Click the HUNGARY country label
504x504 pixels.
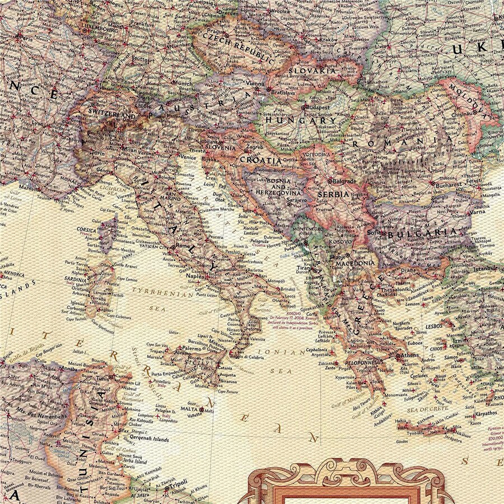tap(301, 120)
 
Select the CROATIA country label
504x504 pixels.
tap(260, 160)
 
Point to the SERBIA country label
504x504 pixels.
tap(333, 194)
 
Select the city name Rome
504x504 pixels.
tap(184, 245)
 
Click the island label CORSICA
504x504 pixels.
tap(87, 230)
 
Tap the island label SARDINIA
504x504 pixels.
tap(75, 279)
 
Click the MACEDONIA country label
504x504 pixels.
tap(355, 263)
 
